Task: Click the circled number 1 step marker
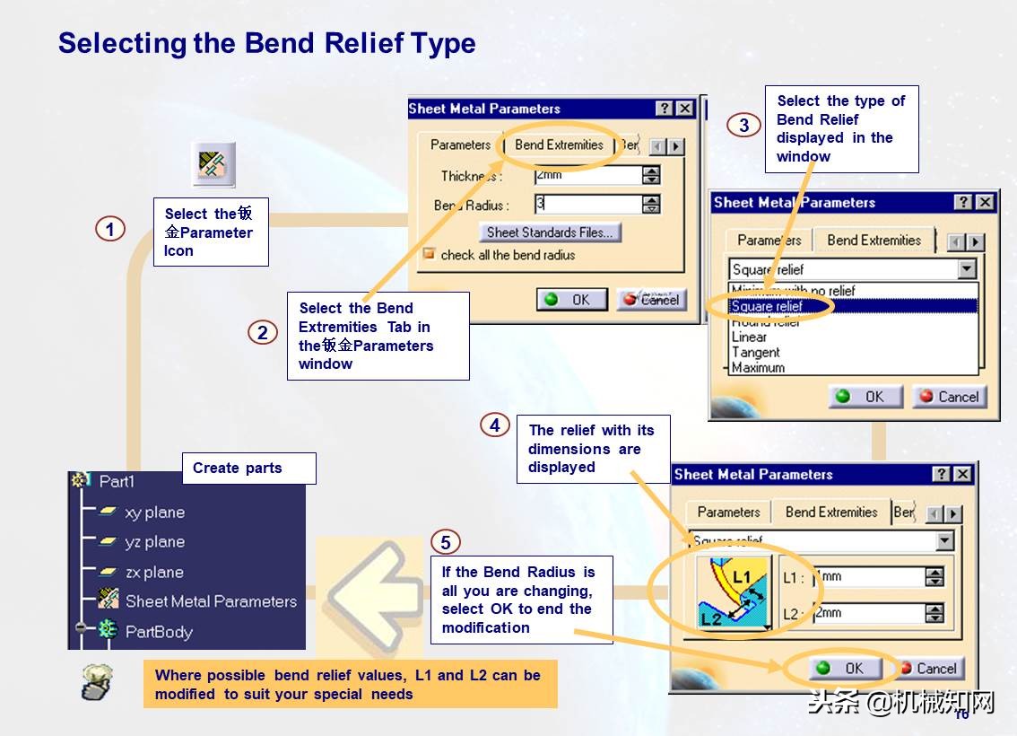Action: click(109, 230)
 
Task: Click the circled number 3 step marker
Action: click(743, 125)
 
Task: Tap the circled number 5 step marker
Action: click(446, 542)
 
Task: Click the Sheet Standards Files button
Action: click(549, 232)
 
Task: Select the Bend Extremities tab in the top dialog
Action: click(559, 145)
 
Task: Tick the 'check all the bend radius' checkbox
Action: click(429, 255)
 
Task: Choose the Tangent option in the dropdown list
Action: click(756, 353)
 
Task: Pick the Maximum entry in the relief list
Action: click(758, 368)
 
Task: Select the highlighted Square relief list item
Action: click(768, 306)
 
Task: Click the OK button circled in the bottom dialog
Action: click(842, 669)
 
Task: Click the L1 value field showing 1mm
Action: click(866, 577)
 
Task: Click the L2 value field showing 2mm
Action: click(866, 613)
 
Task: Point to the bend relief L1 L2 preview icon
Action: click(734, 593)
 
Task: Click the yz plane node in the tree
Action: click(154, 542)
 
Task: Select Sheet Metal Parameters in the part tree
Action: click(211, 601)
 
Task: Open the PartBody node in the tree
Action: click(159, 632)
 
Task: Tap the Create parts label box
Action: click(248, 469)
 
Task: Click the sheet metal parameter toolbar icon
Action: click(214, 164)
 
